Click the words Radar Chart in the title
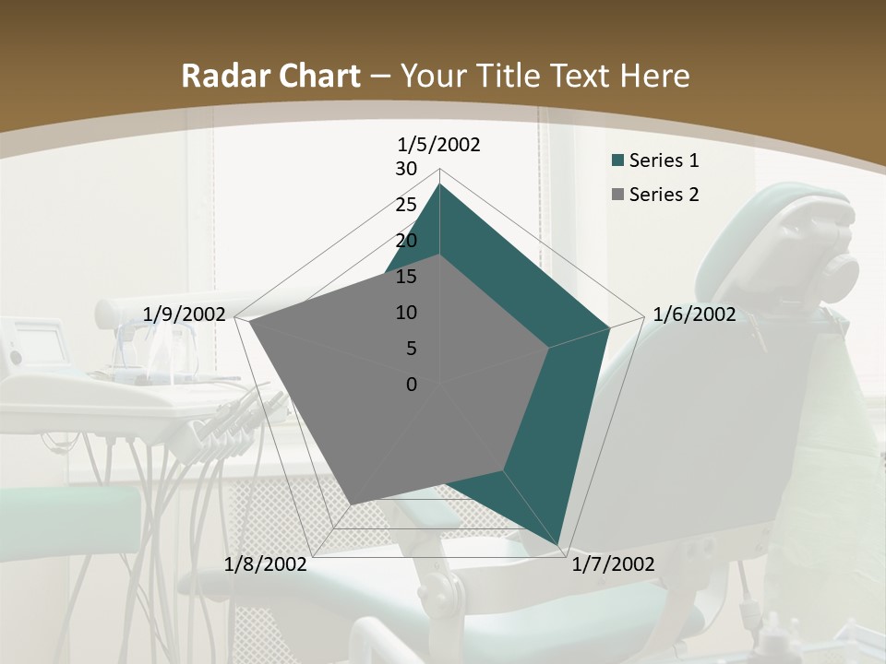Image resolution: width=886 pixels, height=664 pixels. coord(270,77)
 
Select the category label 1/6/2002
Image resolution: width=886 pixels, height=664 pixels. coord(694,314)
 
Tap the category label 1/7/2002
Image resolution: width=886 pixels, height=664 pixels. coord(613,564)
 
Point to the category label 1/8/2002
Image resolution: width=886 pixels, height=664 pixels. coord(266,564)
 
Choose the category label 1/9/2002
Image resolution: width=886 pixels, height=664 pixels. coord(185,314)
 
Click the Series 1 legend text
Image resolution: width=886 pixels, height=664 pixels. coord(664,160)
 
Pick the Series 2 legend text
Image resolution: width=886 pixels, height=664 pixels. coord(664,195)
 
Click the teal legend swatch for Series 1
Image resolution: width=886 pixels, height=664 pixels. coord(617,161)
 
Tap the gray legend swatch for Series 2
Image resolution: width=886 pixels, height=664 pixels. coord(617,196)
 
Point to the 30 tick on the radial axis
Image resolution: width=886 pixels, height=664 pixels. coord(406,169)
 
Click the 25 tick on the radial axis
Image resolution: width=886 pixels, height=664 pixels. coord(406,205)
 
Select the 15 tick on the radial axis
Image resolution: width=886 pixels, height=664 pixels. coord(406,277)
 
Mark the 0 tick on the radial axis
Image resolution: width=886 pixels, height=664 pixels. coord(412,385)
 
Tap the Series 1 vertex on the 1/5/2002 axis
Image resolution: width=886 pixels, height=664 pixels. coord(439,184)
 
